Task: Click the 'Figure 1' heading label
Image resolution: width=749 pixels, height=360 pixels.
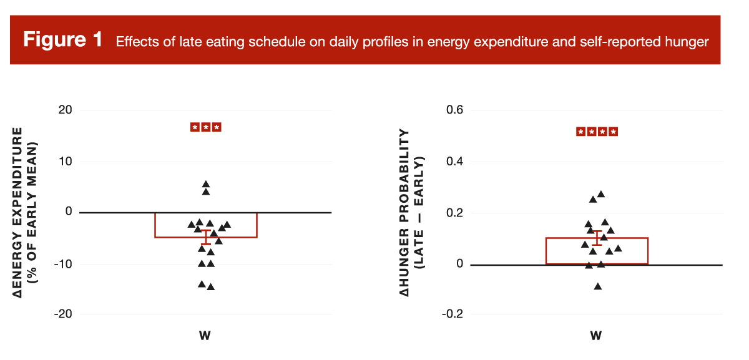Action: click(x=62, y=40)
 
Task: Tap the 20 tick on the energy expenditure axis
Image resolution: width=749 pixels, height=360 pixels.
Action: click(x=66, y=110)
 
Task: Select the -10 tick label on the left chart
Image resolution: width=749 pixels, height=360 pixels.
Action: click(x=62, y=263)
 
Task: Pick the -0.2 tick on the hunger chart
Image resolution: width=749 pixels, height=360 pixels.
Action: click(x=451, y=314)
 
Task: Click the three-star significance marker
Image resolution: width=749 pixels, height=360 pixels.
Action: click(x=206, y=127)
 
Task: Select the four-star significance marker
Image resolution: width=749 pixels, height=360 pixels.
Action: click(x=597, y=132)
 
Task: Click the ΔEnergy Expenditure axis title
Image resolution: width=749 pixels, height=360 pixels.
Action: click(x=26, y=212)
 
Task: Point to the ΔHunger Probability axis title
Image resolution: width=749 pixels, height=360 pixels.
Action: click(x=411, y=212)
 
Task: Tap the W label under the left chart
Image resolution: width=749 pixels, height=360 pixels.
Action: click(x=205, y=336)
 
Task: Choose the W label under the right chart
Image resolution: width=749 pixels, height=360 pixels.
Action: click(x=595, y=336)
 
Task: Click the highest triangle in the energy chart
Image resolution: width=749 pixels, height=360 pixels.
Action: click(x=206, y=184)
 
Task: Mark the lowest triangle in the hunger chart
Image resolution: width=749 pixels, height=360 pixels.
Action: click(x=597, y=286)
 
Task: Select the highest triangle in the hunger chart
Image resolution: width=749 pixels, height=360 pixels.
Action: click(x=601, y=194)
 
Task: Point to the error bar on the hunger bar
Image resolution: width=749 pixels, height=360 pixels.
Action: click(x=597, y=238)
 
